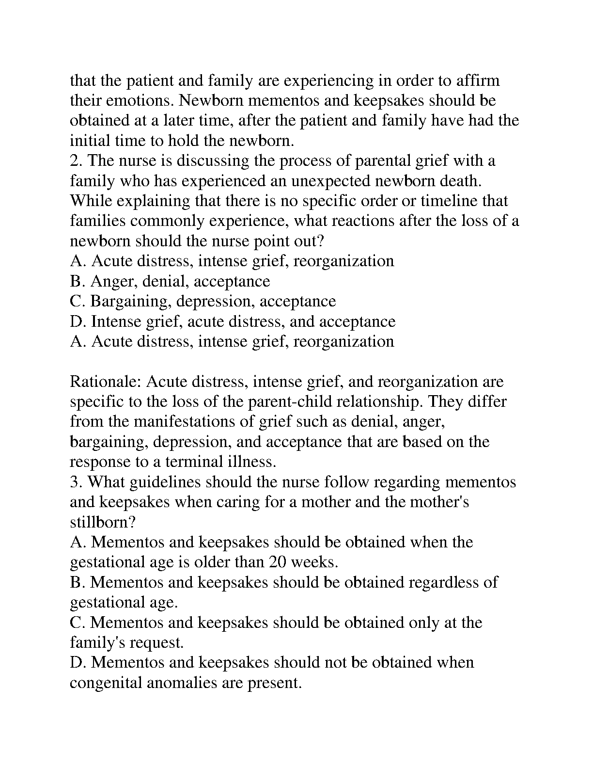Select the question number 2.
click(x=77, y=160)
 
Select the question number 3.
click(x=77, y=482)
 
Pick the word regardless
click(x=444, y=582)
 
